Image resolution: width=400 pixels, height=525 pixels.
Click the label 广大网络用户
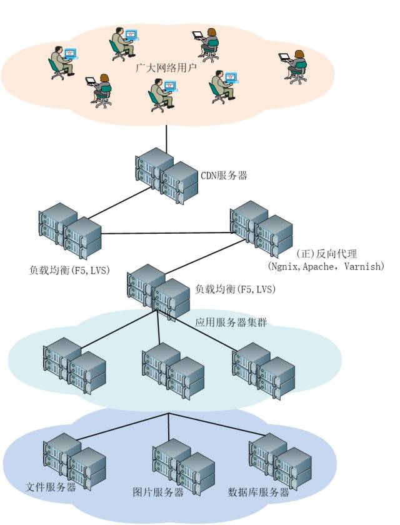pyautogui.click(x=166, y=67)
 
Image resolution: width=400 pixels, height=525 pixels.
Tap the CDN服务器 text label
pyautogui.click(x=223, y=176)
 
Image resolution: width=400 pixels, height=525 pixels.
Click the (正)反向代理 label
pyautogui.click(x=325, y=254)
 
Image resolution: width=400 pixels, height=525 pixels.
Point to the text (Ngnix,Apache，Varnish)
pyautogui.click(x=326, y=266)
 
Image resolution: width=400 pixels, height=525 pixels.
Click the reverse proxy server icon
pyautogui.click(x=261, y=228)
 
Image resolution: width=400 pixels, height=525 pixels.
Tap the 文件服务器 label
pyautogui.click(x=51, y=487)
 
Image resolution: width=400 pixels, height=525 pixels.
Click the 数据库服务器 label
pyautogui.click(x=259, y=492)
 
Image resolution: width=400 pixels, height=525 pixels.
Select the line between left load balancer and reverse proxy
pyautogui.click(x=166, y=234)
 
